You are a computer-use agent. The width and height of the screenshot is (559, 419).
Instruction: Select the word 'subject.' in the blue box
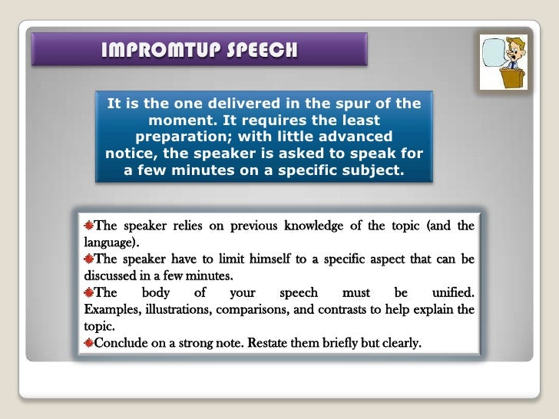368,170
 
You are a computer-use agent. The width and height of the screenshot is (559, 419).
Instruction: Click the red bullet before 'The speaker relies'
89,226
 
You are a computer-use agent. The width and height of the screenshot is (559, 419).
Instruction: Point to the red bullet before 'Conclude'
89,343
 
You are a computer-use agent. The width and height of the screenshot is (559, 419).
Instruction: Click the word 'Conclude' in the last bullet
123,343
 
